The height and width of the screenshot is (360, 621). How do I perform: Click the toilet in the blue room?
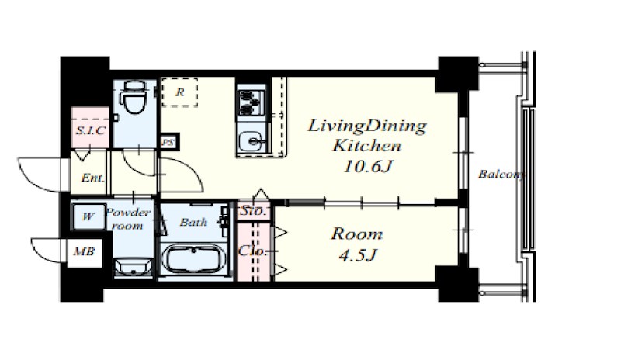coord(134,98)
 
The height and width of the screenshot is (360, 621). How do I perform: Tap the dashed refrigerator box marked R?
coord(180,92)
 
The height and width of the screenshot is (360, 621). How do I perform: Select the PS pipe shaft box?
coord(169,142)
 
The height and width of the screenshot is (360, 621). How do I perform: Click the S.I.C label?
coord(91,130)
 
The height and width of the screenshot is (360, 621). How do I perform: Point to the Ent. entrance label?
coord(92,178)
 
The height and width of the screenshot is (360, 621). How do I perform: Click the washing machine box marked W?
coord(88,216)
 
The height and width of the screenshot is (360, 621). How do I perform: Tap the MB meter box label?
coord(85,251)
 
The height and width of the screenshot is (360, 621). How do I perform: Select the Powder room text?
coord(128,219)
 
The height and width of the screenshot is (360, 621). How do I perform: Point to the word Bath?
coord(193,222)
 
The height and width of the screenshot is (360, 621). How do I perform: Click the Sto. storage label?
coord(254,211)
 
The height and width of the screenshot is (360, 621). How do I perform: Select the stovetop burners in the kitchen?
coord(251,102)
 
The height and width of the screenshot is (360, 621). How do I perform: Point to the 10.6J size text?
coord(368,166)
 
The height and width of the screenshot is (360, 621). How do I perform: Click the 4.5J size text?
coord(357,255)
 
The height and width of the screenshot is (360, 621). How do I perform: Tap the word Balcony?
coord(501,175)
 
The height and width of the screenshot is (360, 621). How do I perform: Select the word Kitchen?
coord(367,145)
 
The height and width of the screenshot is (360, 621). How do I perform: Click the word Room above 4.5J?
coord(357,234)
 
